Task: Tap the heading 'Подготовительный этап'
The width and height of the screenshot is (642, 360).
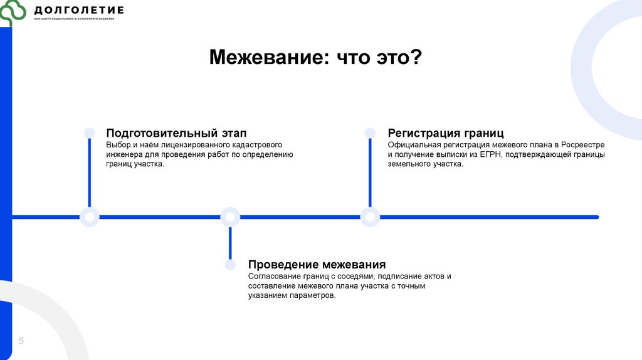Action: coord(176,133)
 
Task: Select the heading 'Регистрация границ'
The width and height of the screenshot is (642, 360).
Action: coord(446,133)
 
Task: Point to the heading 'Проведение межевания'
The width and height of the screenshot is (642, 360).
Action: coord(317,265)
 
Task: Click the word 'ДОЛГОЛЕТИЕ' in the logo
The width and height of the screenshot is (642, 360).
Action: coord(79,10)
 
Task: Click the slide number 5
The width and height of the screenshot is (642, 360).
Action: coord(21,341)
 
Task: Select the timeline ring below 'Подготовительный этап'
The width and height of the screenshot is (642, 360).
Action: coord(90,217)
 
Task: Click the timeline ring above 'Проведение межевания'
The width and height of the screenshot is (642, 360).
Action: coord(230,217)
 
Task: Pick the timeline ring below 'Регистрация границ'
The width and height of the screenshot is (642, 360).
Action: coord(370,217)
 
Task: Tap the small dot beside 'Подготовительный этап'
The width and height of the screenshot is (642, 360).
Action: coord(90,133)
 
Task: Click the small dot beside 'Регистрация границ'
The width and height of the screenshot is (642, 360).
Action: coord(370,133)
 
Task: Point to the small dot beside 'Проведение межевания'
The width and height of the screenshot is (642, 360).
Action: coord(230,265)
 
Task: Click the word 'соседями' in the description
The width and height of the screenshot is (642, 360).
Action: coord(356,276)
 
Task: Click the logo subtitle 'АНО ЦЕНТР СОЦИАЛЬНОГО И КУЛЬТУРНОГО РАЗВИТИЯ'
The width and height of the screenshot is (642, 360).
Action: coord(79,19)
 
